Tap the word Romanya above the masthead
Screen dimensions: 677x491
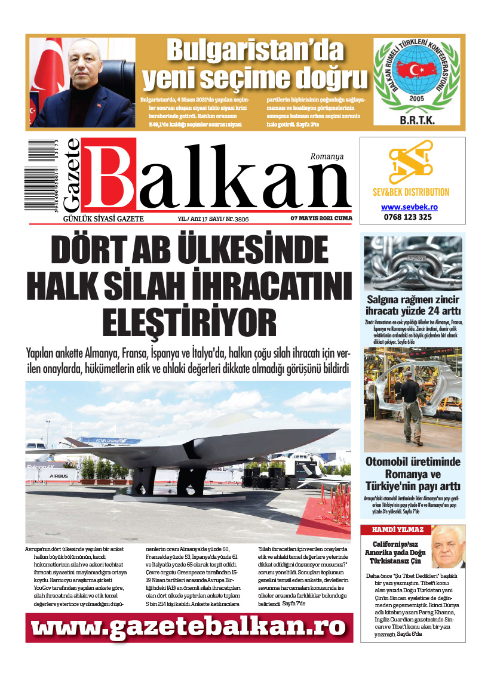(327, 156)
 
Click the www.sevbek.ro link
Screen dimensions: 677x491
(409, 207)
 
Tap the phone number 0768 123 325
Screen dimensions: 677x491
(409, 217)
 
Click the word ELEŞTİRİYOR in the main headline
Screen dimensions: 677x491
(189, 322)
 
